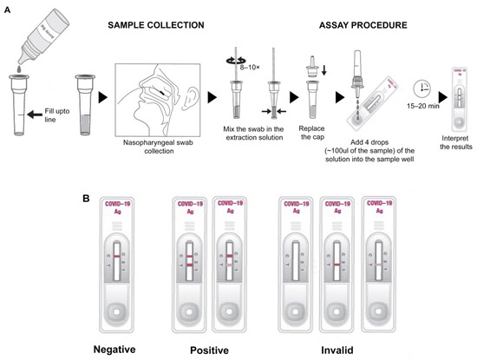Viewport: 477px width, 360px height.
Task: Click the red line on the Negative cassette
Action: click(x=115, y=257)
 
